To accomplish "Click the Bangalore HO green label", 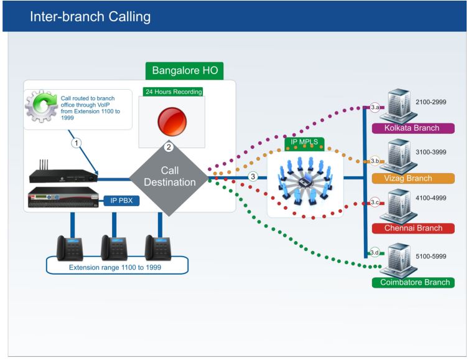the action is [184, 70].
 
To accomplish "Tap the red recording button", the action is [172, 121].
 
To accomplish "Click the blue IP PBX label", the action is [121, 201].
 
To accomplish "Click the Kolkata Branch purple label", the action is [413, 128].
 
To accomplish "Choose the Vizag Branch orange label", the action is [413, 178].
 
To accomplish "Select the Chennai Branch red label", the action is [413, 229].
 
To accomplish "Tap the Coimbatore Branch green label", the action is [413, 282].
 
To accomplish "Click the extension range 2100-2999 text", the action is [431, 102].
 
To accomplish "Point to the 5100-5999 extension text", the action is [431, 256].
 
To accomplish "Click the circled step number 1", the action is [77, 143].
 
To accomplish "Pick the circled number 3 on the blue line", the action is [253, 176].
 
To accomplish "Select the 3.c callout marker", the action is [375, 202].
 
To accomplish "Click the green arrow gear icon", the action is [41, 106].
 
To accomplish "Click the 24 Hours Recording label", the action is [174, 92].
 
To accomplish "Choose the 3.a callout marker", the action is [375, 107].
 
